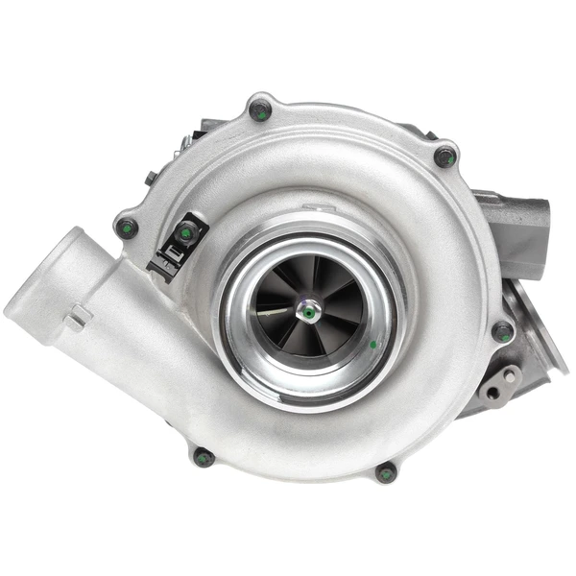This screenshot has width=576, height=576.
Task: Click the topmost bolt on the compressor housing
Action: [260, 109]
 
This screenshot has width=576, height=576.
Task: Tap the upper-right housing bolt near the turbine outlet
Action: [445, 156]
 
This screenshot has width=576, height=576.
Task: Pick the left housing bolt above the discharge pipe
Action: [126, 228]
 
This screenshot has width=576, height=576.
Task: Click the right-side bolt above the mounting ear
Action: [502, 332]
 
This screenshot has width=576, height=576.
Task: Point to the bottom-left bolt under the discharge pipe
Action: [204, 457]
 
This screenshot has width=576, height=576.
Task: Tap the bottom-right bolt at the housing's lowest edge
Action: [386, 472]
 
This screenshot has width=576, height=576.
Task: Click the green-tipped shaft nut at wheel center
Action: [308, 310]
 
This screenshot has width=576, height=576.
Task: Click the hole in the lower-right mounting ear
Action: [492, 392]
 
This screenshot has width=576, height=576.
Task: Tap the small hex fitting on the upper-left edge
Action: [151, 179]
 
